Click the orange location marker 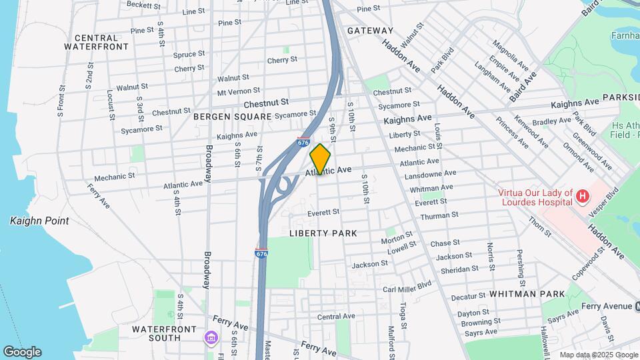320,159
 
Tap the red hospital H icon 583,196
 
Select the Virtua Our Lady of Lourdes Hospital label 536,198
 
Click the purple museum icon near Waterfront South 212,338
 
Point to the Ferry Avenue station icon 637,306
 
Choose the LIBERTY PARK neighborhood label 323,233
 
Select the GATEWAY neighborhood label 370,31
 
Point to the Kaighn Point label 39,221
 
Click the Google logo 22,352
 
